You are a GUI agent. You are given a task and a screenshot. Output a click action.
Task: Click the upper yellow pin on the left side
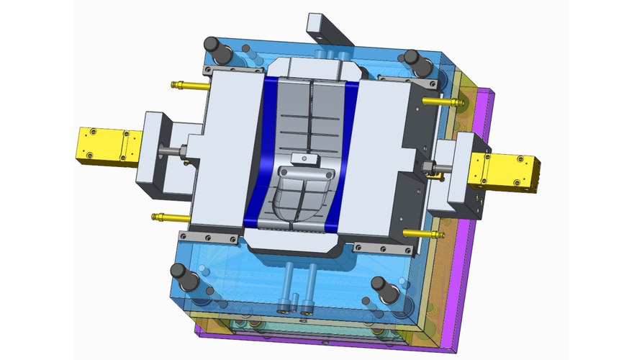(189, 85)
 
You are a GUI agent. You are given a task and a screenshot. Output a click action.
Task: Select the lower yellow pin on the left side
(168, 216)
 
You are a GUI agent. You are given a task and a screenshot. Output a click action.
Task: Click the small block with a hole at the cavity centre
(303, 157)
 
